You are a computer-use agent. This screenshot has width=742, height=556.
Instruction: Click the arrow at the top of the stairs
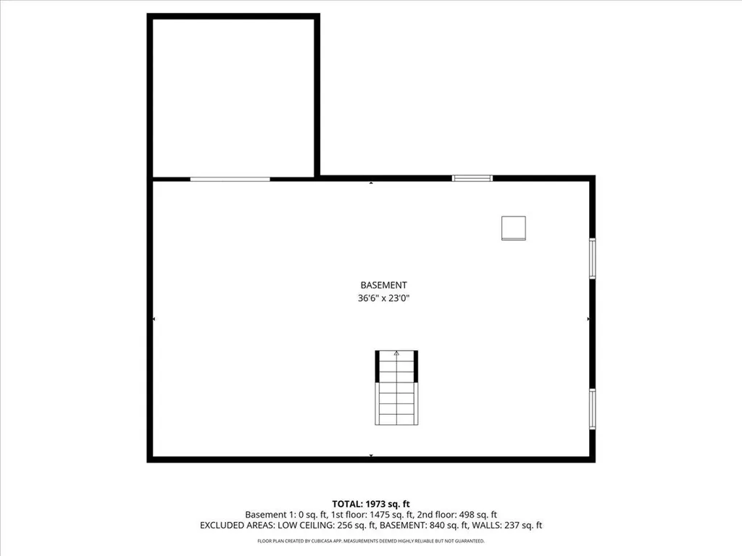[x=396, y=354]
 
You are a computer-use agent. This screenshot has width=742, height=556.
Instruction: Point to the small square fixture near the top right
[x=514, y=228]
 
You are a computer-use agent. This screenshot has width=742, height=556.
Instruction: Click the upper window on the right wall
[x=592, y=258]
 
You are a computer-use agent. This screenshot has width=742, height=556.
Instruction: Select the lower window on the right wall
[x=592, y=409]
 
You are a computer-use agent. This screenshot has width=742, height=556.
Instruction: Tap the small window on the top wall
[x=472, y=178]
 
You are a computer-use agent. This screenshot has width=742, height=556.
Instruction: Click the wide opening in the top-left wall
[x=230, y=179]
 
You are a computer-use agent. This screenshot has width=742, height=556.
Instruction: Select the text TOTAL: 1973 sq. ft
[x=370, y=503]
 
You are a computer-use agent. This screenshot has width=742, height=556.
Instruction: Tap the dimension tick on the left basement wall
[x=154, y=319]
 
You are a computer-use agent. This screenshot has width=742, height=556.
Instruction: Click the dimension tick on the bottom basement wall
[x=371, y=455]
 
